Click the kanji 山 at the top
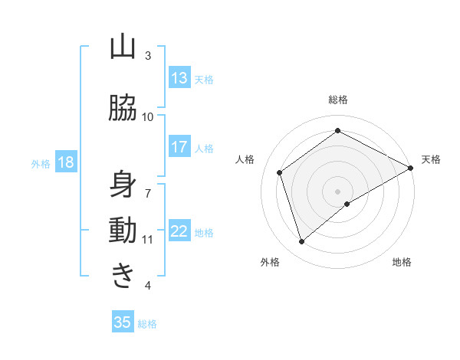(123, 47)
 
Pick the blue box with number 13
(179, 78)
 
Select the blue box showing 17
(179, 147)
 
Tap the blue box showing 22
(179, 231)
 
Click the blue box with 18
(65, 162)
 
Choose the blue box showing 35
(123, 322)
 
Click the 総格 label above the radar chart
(337, 100)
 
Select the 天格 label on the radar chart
(431, 159)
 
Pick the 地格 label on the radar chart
(402, 262)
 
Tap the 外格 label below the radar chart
(270, 262)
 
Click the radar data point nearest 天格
(411, 168)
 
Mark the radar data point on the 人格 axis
(281, 172)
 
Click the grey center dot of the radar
(337, 191)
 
